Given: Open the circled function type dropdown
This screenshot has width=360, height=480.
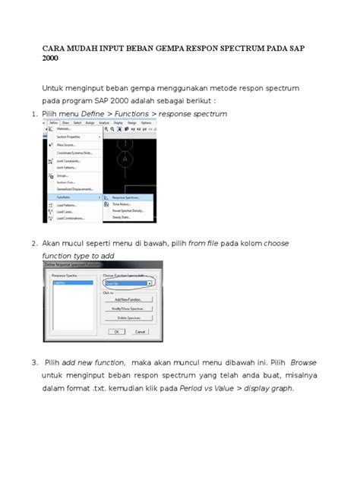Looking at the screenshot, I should point(149,283).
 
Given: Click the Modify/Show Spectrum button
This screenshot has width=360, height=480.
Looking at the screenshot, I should point(128,309).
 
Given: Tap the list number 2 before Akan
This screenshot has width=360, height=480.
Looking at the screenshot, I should point(34,244).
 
